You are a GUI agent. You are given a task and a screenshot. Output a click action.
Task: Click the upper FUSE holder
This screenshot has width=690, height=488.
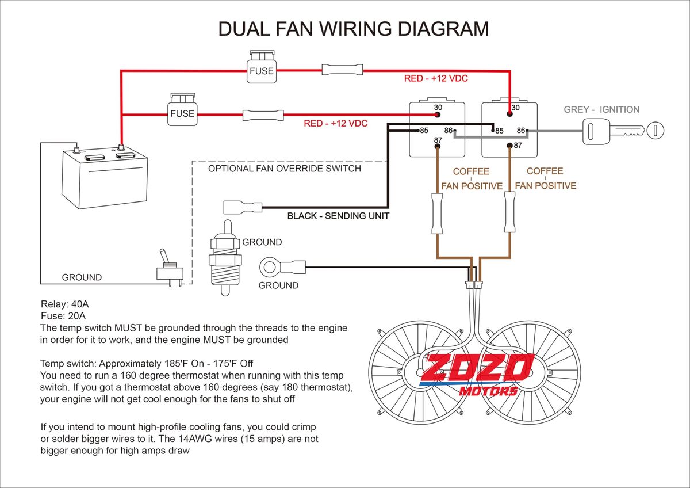pos(262,68)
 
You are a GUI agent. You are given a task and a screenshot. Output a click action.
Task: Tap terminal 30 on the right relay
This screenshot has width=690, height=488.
pos(509,115)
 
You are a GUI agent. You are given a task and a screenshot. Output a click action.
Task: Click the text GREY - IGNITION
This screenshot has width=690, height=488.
pos(601,109)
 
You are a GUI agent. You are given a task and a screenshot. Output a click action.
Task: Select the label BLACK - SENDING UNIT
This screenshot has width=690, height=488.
pos(338,216)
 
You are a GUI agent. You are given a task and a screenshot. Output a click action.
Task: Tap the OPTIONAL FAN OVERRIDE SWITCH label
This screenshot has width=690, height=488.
pos(284,169)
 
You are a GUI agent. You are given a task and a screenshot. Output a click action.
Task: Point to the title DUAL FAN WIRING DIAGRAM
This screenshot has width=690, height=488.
pos(354,29)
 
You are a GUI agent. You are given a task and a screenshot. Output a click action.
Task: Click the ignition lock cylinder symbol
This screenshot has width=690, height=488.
pos(655,130)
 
